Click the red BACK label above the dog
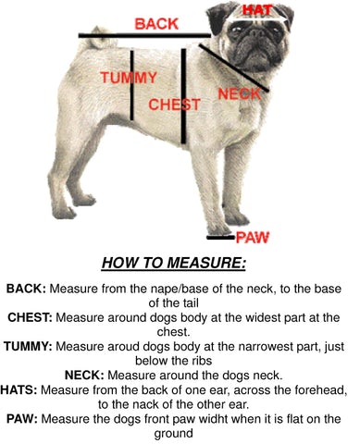click(156, 24)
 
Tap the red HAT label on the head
click(257, 10)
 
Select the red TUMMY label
click(129, 78)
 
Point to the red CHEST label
click(174, 105)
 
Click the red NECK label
click(240, 93)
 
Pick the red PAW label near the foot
click(253, 238)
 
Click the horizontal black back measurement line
click(144, 35)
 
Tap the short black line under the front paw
click(221, 238)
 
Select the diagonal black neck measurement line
click(234, 68)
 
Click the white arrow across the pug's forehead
click(257, 19)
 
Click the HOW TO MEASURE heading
click(173, 263)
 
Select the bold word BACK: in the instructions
click(26, 289)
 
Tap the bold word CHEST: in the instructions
click(31, 317)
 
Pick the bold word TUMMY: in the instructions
click(28, 347)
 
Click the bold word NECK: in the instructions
click(84, 376)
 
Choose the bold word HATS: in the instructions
click(19, 390)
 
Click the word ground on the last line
click(173, 434)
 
